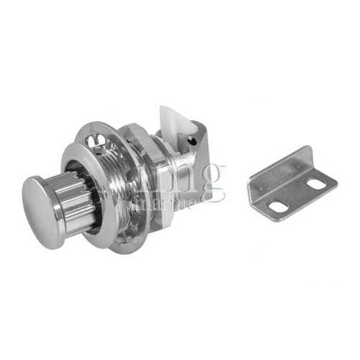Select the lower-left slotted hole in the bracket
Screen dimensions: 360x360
pyautogui.click(x=278, y=207)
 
